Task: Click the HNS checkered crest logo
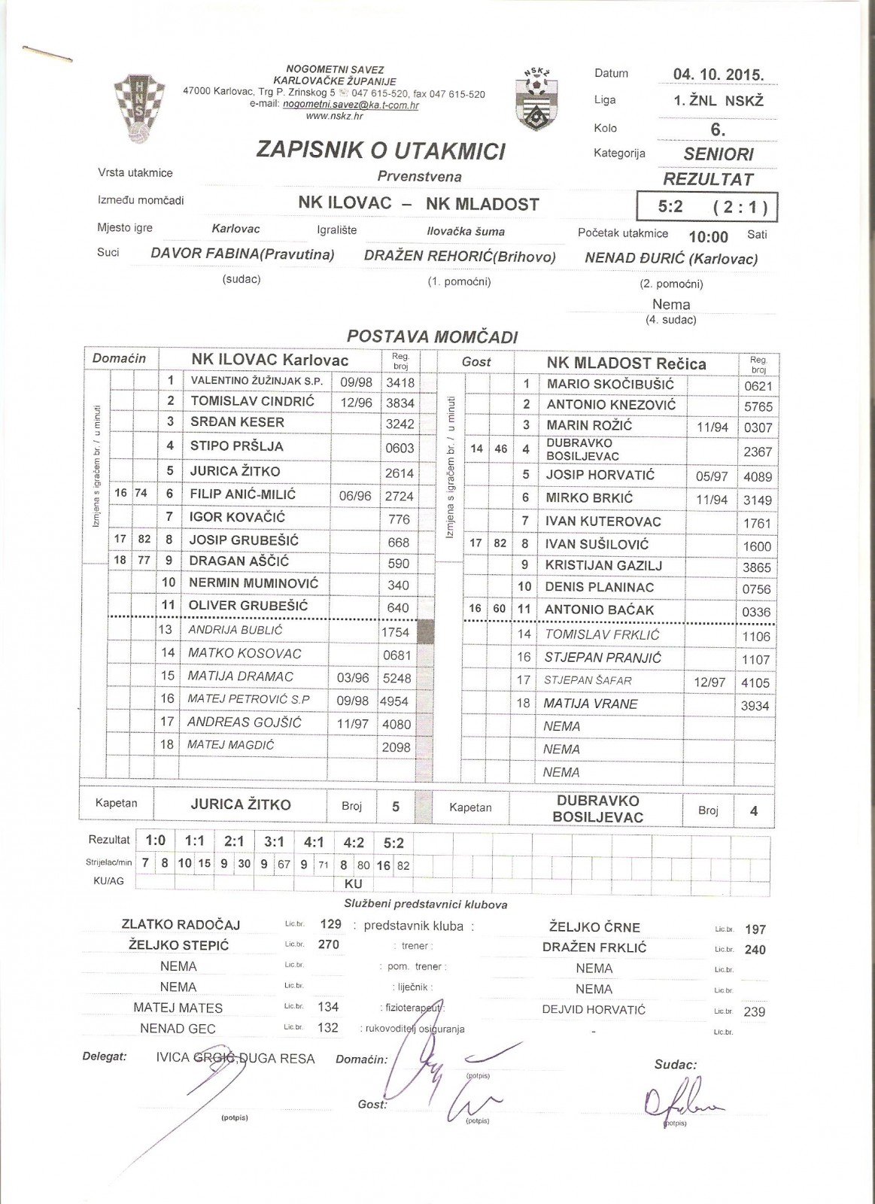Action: [134, 108]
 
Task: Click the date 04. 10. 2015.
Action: [718, 74]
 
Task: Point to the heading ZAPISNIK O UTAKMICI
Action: [381, 150]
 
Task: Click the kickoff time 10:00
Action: [708, 237]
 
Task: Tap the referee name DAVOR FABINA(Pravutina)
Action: [242, 254]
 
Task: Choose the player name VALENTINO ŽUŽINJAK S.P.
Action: [257, 382]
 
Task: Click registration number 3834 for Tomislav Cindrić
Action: [400, 403]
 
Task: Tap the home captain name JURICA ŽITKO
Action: [240, 804]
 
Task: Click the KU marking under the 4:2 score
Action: [353, 883]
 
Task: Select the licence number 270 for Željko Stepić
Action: [329, 944]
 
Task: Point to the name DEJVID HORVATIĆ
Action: [594, 1010]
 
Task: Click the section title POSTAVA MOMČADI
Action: [433, 337]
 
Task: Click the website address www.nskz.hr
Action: [334, 116]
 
